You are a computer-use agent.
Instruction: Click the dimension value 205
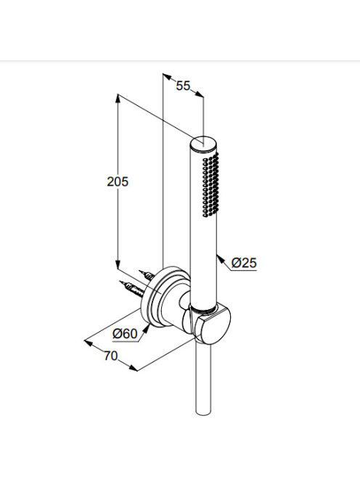pyautogui.click(x=118, y=181)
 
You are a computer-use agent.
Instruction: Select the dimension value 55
pyautogui.click(x=183, y=86)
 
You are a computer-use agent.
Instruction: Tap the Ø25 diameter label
pyautogui.click(x=244, y=263)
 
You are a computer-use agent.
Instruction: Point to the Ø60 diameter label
pyautogui.click(x=125, y=333)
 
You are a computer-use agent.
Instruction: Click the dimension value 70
pyautogui.click(x=110, y=356)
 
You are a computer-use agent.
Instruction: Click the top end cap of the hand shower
pyautogui.click(x=203, y=143)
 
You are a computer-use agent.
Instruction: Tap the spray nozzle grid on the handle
pyautogui.click(x=211, y=185)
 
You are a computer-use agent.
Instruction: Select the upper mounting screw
pyautogui.click(x=147, y=274)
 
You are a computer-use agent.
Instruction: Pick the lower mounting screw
pyautogui.click(x=133, y=288)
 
